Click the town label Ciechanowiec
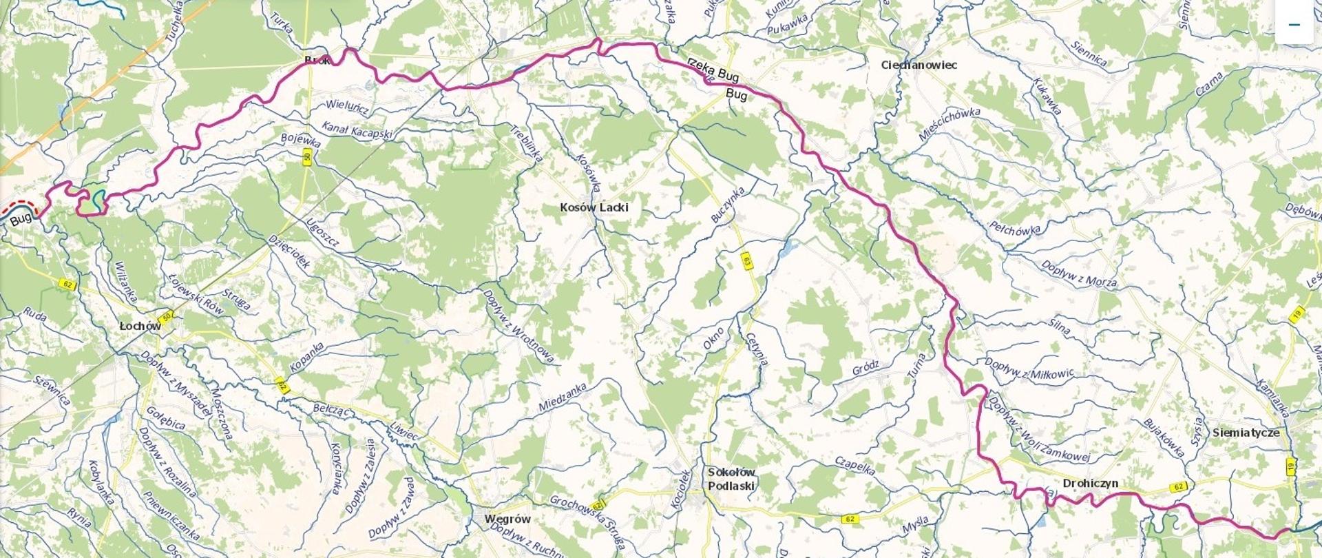coord(919,65)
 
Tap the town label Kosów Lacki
coord(594,207)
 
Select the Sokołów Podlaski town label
coord(731,479)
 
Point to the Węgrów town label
coord(507,519)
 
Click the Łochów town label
coord(140,326)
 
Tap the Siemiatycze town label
coord(1246,433)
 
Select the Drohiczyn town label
coord(1090,484)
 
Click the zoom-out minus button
coord(1294,24)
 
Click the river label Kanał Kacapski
coord(357,129)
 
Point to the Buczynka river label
coord(728,203)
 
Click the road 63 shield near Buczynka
coord(746,260)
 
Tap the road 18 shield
coord(1299,314)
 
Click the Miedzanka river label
coord(563,397)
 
